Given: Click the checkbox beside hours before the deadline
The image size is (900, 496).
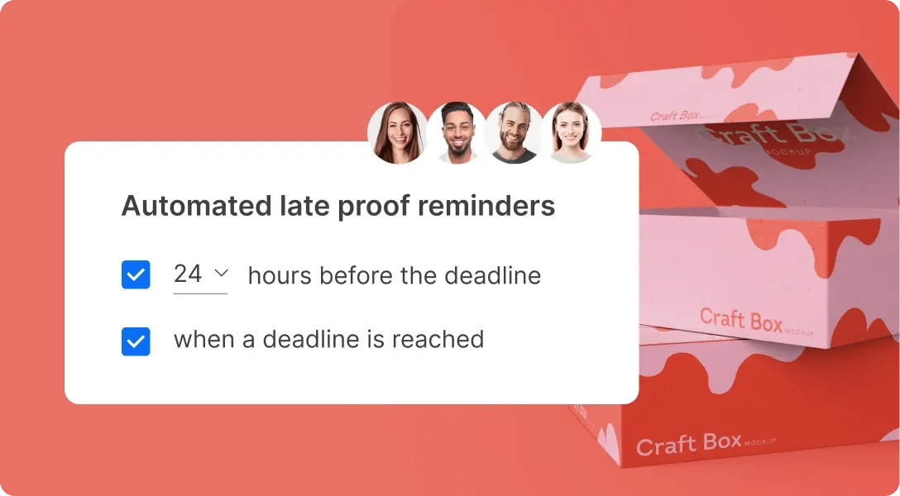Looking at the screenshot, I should click(x=136, y=275).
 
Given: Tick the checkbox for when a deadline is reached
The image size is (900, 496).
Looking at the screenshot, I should click(x=136, y=340).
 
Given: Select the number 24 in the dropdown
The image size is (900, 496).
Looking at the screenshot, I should click(x=188, y=274).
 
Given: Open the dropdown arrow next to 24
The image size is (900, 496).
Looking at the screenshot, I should click(x=221, y=273).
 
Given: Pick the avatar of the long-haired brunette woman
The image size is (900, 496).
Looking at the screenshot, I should click(x=397, y=132).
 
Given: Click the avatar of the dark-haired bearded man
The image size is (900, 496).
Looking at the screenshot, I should click(x=457, y=132).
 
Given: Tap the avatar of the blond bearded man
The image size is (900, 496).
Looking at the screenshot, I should click(x=514, y=132).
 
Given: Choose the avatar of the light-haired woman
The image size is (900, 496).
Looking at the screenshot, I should click(x=571, y=132).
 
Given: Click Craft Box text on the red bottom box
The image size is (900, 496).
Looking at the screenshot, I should click(x=688, y=445).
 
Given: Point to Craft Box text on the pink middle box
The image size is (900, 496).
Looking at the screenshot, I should click(x=741, y=319).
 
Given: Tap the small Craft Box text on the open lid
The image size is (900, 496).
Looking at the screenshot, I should click(x=675, y=116).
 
